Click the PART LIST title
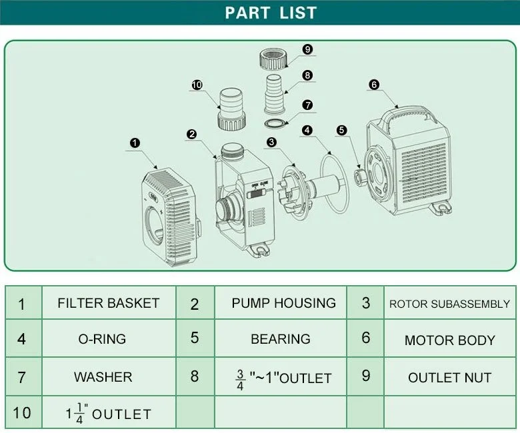270,13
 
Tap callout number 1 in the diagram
135,143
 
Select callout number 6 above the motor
373,85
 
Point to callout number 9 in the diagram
307,49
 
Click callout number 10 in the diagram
197,85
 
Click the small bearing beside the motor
359,177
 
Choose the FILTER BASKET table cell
109,303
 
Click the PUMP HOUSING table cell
283,303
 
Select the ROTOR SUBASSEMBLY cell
449,304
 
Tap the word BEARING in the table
281,339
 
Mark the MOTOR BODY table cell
449,340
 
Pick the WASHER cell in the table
103,377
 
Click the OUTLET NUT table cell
449,377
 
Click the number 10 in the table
22,412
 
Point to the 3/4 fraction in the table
240,378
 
